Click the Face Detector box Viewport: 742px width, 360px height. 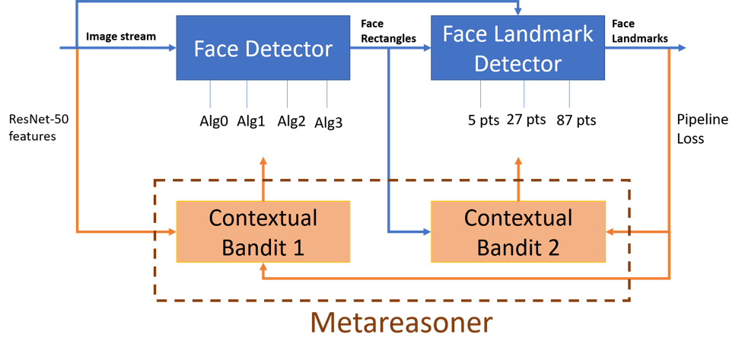(263, 49)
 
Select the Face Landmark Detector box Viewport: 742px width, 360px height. (517, 49)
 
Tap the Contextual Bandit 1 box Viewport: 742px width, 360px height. (263, 231)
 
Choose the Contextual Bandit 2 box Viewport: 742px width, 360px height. (517, 231)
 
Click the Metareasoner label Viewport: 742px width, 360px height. (401, 323)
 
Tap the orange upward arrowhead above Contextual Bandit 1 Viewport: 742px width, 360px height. (263, 162)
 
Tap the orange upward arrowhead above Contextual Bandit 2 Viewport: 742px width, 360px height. (518, 162)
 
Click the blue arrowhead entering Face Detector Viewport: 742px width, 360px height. (171, 48)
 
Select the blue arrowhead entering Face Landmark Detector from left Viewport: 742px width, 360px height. (426, 48)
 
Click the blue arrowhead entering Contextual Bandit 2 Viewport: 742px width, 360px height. (426, 231)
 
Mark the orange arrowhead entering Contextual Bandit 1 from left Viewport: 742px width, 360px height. (171, 231)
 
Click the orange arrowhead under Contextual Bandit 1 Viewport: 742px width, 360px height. (263, 268)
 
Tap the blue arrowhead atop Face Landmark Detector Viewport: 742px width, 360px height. (518, 12)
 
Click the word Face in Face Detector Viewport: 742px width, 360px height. (215, 49)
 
